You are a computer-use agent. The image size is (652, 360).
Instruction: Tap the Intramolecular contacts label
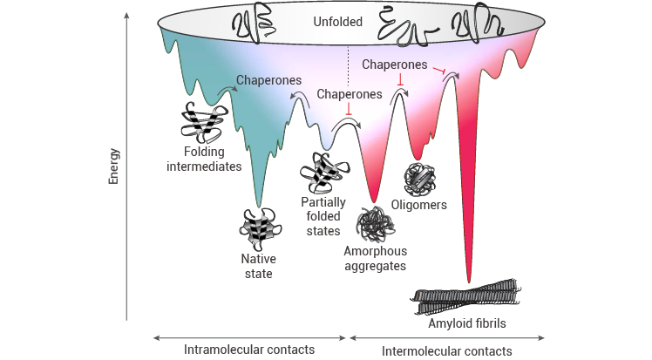click(x=248, y=350)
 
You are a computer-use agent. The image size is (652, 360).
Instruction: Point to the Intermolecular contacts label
click(x=447, y=351)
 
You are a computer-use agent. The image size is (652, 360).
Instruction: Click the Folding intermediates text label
click(x=203, y=160)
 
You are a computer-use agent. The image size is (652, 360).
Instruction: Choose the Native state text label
click(x=257, y=266)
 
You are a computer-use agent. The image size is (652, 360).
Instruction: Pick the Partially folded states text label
click(x=323, y=216)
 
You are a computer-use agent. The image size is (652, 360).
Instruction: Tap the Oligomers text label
click(x=419, y=205)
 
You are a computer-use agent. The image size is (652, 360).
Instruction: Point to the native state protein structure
click(x=258, y=228)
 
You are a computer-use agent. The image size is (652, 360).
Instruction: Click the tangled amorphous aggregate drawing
click(x=377, y=223)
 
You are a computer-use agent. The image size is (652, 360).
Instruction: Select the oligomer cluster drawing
click(x=420, y=178)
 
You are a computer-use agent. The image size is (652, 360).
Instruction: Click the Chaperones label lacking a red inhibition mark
click(x=268, y=81)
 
